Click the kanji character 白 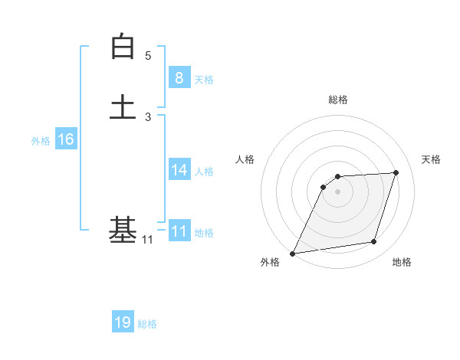coord(123,47)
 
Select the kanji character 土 coord(123,107)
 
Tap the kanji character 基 coord(123,230)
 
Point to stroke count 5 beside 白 coord(148,56)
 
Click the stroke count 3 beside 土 coord(148,117)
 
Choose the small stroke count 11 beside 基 coord(147,241)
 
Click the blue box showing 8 coord(179,78)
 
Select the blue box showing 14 coord(179,170)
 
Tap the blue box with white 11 coord(179,231)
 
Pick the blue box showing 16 coord(66,139)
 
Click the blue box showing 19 coord(123,322)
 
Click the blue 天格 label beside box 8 coord(204,80)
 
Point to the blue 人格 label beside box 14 coord(204,172)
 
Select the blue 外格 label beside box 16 coord(41,141)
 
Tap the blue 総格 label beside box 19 coord(148,324)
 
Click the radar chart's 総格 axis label coord(337,100)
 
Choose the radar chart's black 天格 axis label coord(432,159)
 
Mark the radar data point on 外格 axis coord(293,253)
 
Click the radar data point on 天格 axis coord(396,172)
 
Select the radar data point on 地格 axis coord(374,242)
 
